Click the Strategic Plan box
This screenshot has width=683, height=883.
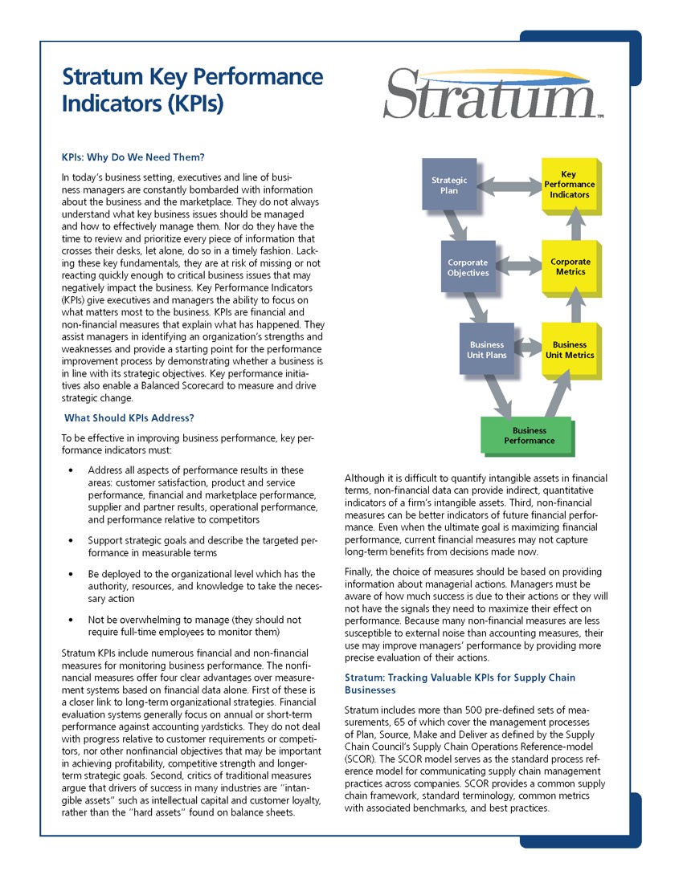pos(449,185)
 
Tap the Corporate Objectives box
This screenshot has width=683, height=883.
pos(468,267)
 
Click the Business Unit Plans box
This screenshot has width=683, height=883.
pos(486,349)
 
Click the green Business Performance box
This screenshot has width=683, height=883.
pos(529,436)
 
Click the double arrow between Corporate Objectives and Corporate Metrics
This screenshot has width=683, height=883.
pos(518,265)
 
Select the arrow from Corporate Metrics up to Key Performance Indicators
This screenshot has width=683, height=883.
pos(573,226)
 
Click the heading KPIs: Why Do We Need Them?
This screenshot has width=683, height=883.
pos(133,157)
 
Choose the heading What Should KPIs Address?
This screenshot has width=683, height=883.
pos(129,418)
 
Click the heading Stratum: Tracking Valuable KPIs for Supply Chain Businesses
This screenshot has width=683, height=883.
pos(460,684)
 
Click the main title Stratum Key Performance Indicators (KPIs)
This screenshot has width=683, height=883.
pos(192,90)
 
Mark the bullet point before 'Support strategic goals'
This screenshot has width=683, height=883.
pos(72,540)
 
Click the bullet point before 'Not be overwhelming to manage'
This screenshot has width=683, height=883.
pos(72,620)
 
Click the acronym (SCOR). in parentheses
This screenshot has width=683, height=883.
pos(360,757)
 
